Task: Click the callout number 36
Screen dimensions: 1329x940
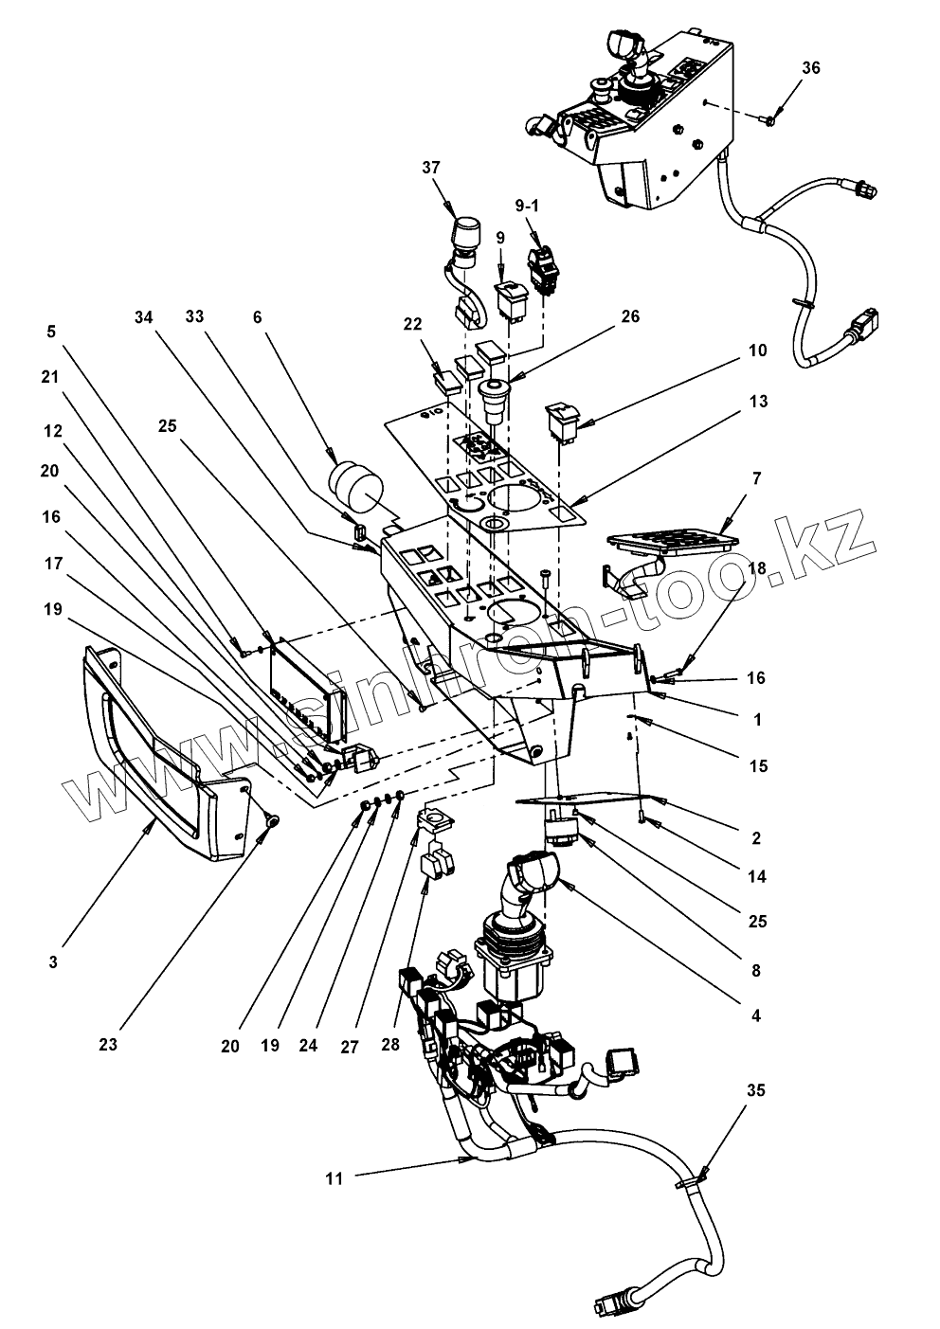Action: click(811, 68)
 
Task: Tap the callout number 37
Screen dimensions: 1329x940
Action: click(432, 168)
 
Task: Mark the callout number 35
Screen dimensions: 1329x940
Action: click(756, 1090)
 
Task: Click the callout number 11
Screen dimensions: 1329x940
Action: click(334, 1178)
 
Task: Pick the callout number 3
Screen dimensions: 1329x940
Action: click(54, 961)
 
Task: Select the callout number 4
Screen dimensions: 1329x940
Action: click(755, 1015)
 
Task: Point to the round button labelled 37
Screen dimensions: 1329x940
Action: click(465, 232)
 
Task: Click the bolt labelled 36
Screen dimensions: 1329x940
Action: click(771, 119)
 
